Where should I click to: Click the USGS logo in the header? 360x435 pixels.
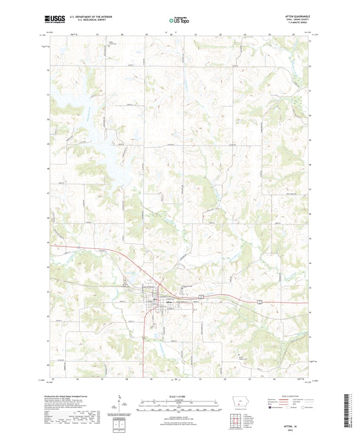point(55,19)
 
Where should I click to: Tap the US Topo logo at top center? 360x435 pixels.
point(179,19)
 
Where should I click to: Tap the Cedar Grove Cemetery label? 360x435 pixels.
point(112,43)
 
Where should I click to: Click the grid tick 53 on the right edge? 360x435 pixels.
point(310,41)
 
